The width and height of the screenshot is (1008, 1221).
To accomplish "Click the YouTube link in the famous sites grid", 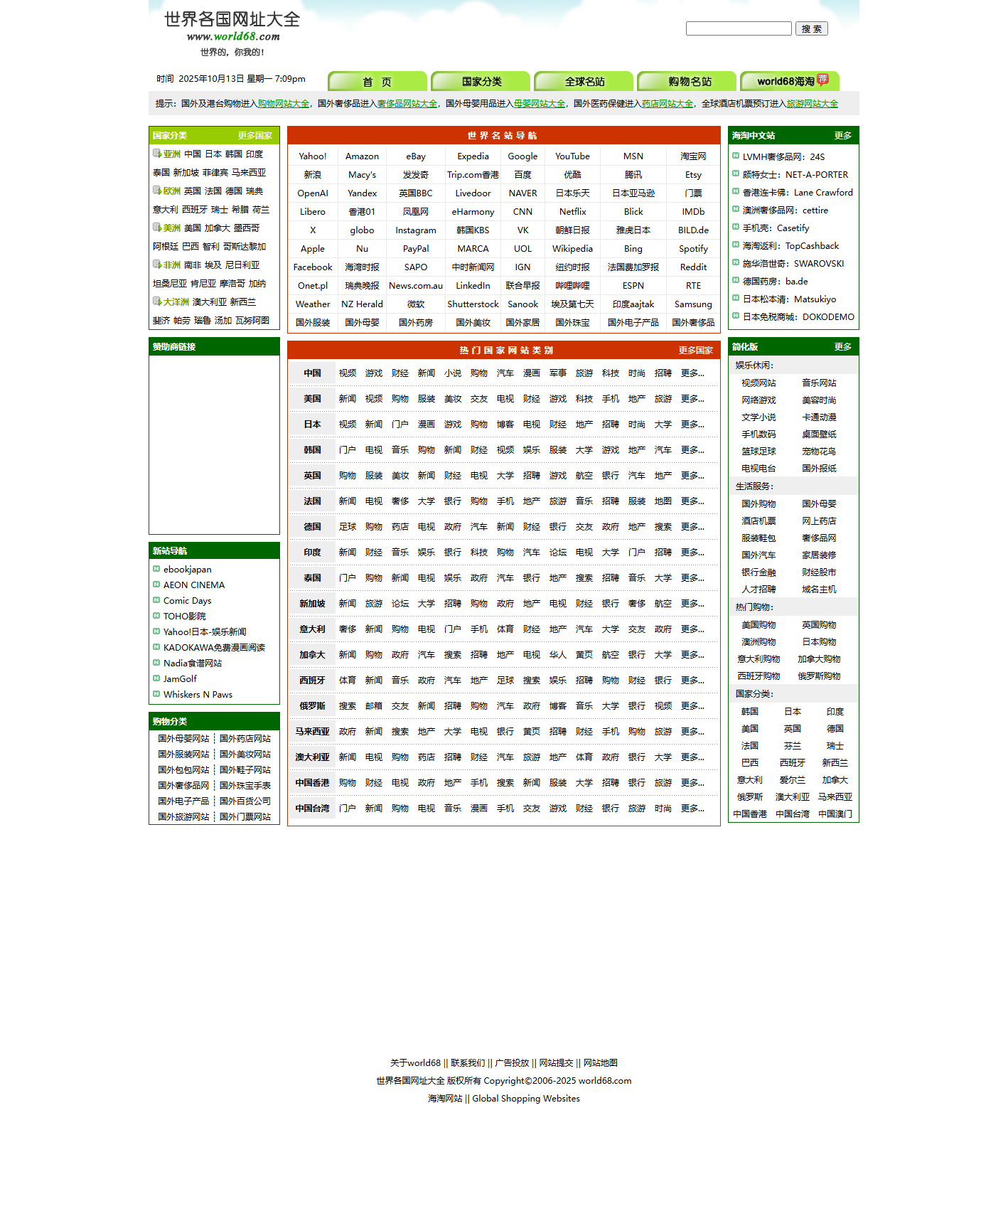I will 572,156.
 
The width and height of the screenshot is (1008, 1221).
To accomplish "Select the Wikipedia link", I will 572,249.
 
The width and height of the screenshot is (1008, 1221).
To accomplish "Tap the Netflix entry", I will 572,212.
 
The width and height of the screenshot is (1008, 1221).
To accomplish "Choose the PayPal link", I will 416,249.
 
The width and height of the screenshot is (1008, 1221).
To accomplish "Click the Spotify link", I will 693,249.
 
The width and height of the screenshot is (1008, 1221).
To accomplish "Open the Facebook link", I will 313,267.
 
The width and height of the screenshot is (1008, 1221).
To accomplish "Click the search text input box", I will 739,28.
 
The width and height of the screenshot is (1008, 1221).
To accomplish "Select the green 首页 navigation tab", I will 377,82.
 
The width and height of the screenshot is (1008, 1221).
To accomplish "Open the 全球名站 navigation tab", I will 584,82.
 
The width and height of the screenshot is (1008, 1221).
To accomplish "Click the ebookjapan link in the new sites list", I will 188,570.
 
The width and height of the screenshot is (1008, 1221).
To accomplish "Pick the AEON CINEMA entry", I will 194,585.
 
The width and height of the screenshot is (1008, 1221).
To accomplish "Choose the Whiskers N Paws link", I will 198,695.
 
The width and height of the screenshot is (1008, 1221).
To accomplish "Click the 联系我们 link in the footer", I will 468,1063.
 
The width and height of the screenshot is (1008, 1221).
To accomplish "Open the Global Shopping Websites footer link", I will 526,1099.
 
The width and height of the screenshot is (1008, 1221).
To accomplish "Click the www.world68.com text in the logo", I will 233,36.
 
